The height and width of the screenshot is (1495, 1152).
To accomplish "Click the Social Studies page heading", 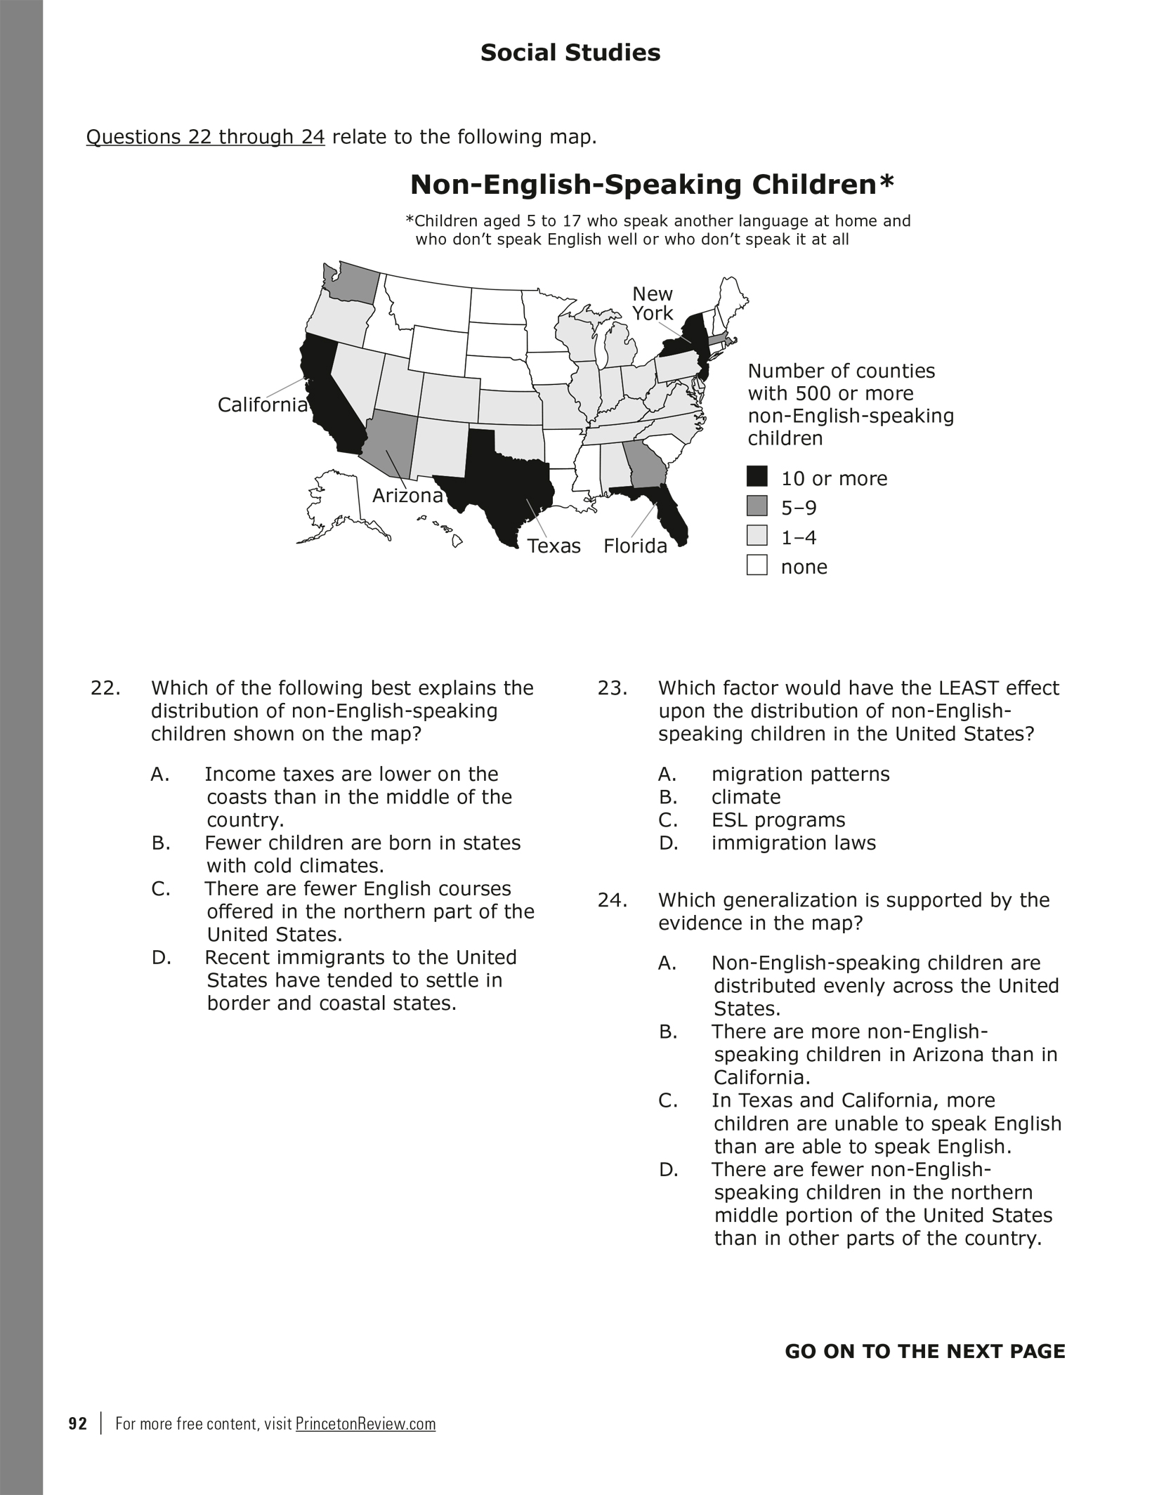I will [x=570, y=53].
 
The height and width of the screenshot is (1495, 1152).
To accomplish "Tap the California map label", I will [x=262, y=405].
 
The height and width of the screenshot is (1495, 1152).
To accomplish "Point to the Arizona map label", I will [x=407, y=496].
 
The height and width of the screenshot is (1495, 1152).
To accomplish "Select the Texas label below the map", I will [x=554, y=546].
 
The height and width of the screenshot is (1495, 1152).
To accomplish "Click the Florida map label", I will [x=635, y=546].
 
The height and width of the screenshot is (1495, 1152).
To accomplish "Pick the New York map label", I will [x=653, y=303].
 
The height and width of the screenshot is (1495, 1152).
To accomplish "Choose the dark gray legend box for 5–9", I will [x=757, y=506].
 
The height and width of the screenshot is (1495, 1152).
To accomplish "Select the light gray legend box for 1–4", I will [x=757, y=536].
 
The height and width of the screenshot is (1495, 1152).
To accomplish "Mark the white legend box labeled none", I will [x=757, y=565].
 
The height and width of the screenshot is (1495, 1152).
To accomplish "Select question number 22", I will [x=105, y=688].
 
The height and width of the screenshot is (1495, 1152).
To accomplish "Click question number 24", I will [x=613, y=900].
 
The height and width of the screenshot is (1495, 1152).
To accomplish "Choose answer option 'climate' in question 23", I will [x=745, y=798].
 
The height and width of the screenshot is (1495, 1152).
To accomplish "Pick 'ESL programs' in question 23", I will [x=778, y=820].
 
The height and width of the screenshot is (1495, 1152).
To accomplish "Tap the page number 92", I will [x=78, y=1424].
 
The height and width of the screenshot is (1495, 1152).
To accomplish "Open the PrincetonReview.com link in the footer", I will [x=365, y=1424].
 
